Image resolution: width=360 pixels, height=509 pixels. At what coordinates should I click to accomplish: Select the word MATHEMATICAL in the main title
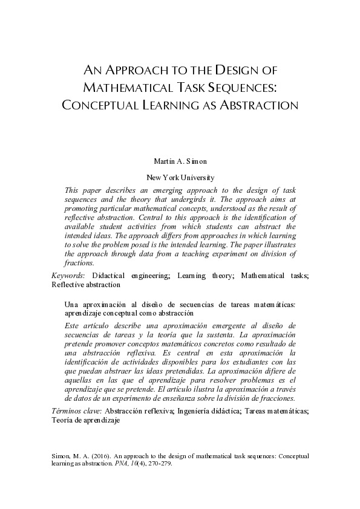pos(132,86)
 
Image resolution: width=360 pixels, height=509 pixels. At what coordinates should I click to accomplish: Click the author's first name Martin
pos(165,162)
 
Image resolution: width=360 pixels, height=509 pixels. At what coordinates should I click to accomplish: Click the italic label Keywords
pos(67,276)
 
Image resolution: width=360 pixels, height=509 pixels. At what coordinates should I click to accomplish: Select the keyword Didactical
pos(112,276)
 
